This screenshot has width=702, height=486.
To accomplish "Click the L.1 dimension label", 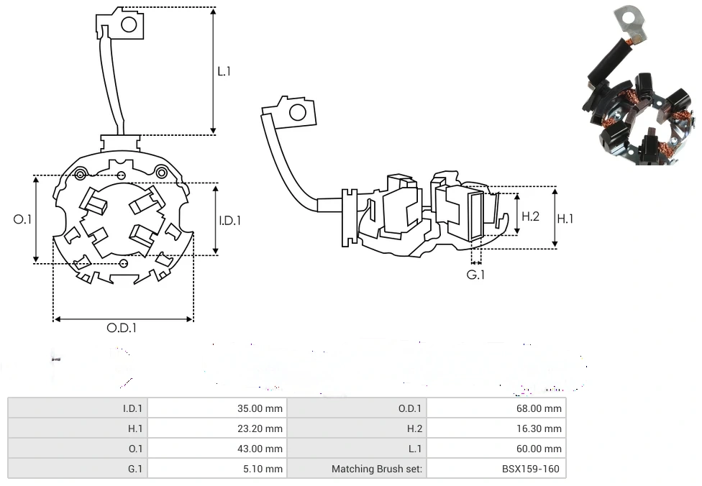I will [224, 71].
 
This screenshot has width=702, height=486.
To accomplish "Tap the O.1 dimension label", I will [23, 219].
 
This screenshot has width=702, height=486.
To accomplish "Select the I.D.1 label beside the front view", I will [229, 221].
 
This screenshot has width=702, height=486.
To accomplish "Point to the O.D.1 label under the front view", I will [122, 328].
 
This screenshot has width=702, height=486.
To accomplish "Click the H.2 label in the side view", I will [531, 216].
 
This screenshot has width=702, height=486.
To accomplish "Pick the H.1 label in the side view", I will [566, 218].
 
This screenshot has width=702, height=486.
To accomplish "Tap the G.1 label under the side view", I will [476, 275].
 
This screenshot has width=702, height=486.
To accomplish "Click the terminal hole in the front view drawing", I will [129, 25].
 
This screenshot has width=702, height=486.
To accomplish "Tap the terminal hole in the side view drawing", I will [296, 112].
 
